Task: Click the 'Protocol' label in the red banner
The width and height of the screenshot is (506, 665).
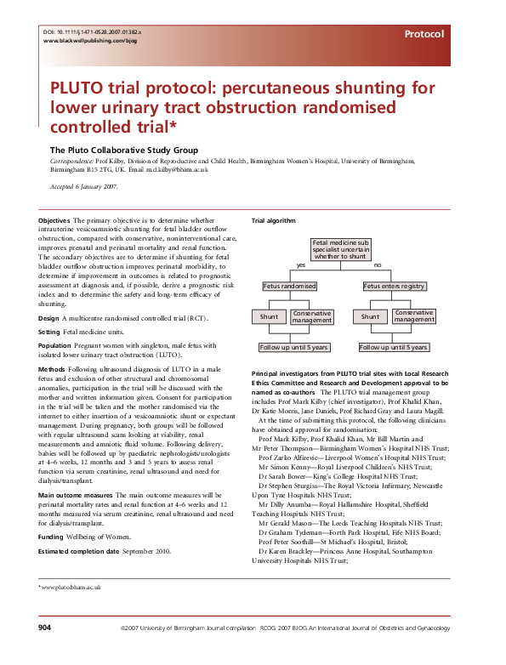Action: pos(424,35)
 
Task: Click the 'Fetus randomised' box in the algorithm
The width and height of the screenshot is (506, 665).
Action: pos(290,287)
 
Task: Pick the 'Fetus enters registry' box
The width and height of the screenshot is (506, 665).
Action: pos(394,287)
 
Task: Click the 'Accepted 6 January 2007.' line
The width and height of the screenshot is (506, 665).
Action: pos(83,186)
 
